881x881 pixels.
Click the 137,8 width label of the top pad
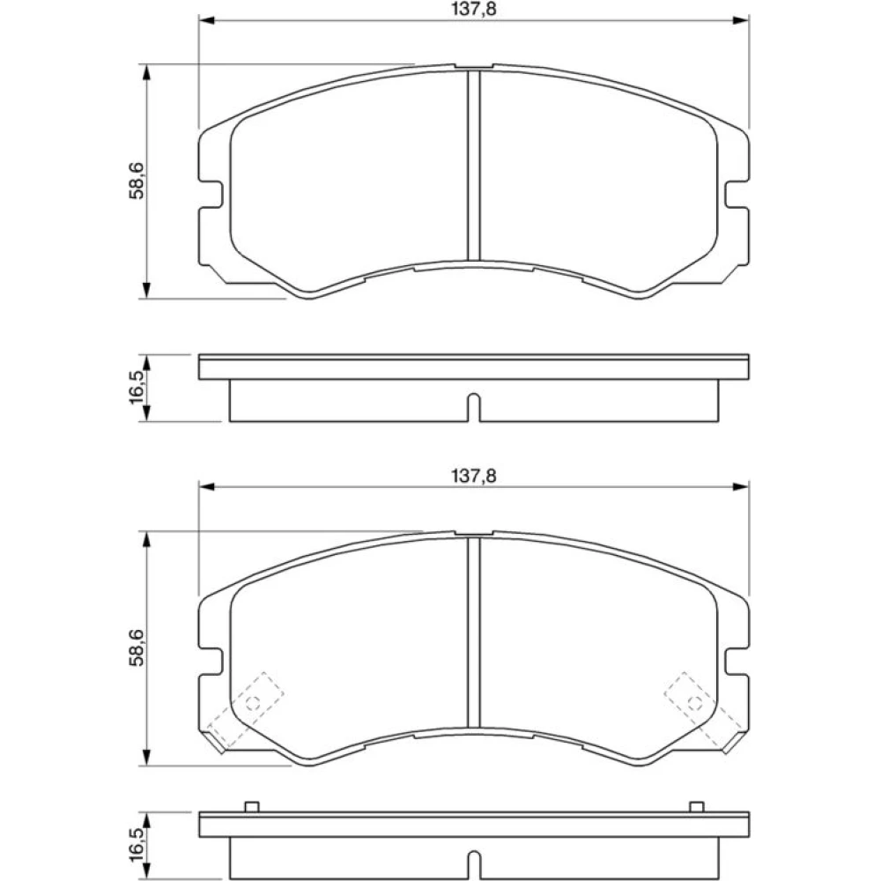pos(474,10)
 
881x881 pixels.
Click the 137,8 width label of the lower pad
pos(474,477)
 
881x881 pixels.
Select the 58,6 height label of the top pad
pos(137,181)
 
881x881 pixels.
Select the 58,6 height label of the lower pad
pos(137,648)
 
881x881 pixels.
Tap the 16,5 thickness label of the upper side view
pos(137,387)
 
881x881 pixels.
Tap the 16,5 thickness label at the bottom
pos(137,844)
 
